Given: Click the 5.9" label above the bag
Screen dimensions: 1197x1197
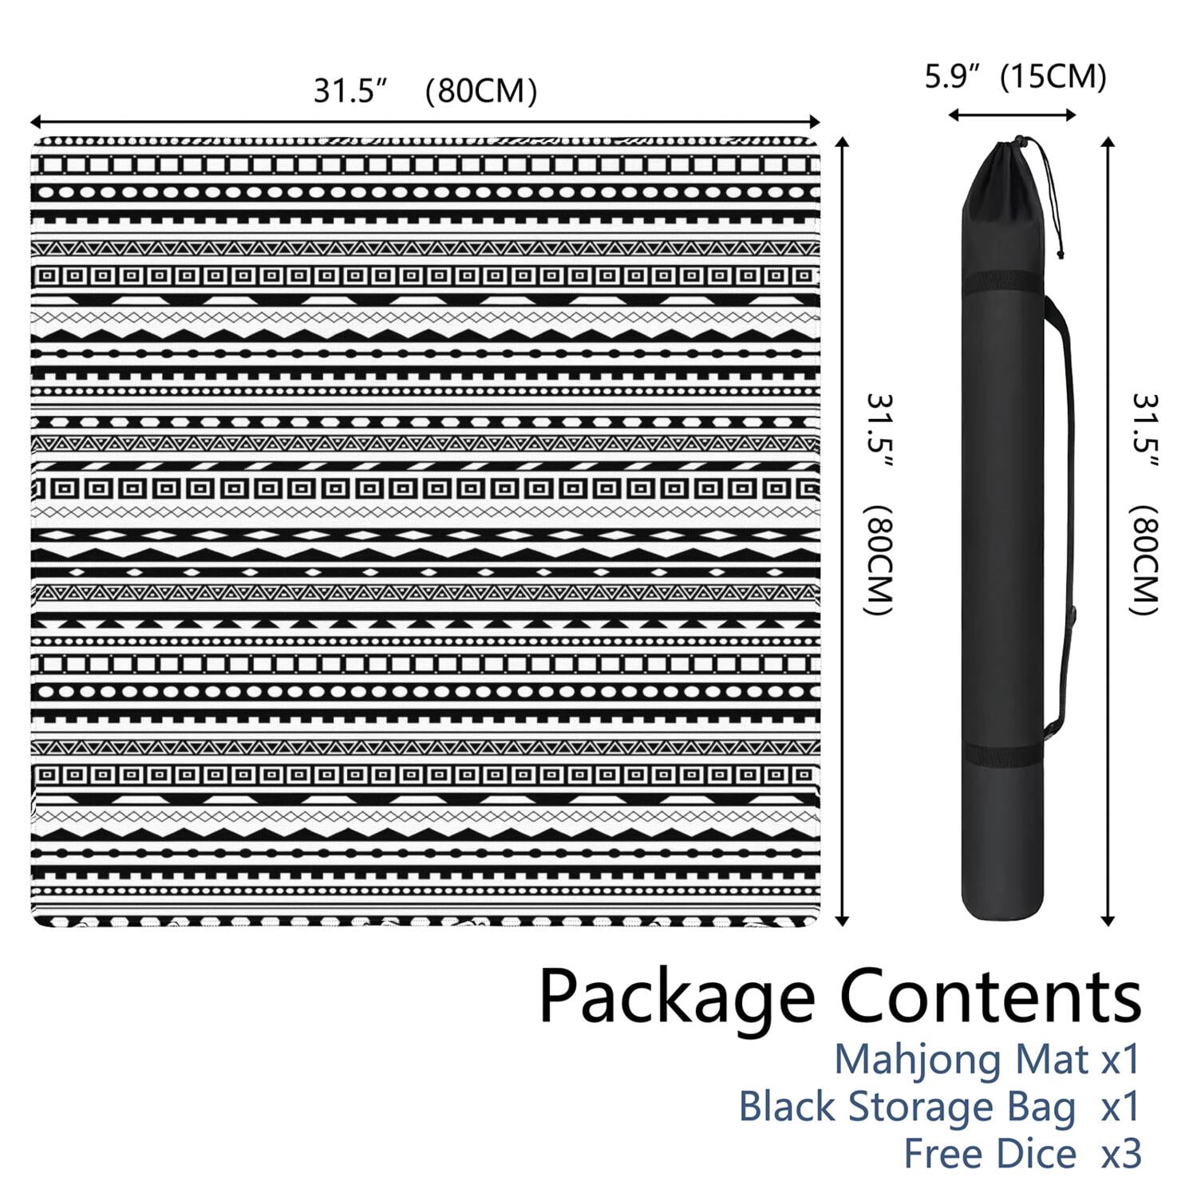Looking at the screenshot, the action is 952,77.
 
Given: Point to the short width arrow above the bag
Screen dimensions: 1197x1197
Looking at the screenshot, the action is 1012,115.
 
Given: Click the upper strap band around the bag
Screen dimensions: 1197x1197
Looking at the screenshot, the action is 1012,284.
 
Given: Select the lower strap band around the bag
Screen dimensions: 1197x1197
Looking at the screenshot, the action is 1012,755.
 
